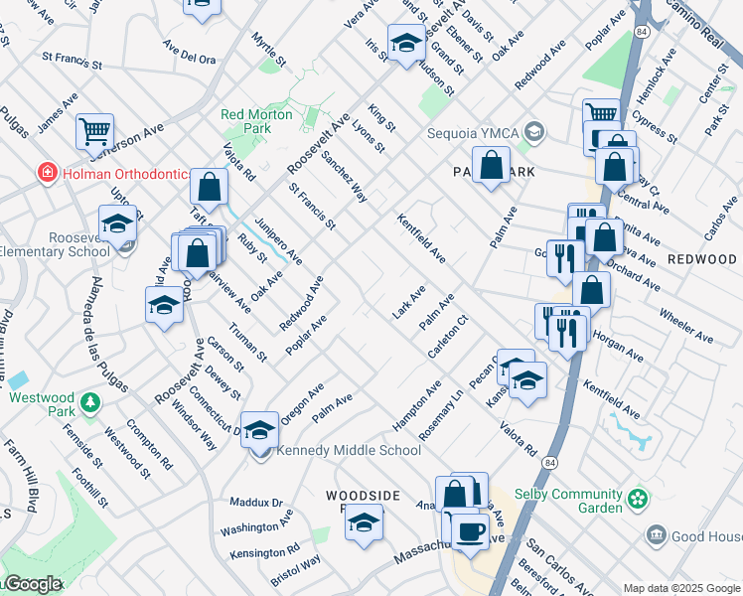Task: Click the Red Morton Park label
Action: pyautogui.click(x=257, y=121)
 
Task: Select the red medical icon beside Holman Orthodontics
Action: pyautogui.click(x=45, y=173)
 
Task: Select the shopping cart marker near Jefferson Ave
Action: pyautogui.click(x=94, y=130)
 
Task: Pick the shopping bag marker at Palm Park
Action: pyautogui.click(x=491, y=166)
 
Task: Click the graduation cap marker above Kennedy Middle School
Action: pyautogui.click(x=260, y=430)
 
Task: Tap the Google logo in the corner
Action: pyautogui.click(x=33, y=584)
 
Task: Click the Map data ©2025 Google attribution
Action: pyautogui.click(x=680, y=588)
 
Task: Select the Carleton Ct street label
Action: pyautogui.click(x=447, y=340)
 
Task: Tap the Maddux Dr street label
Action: pyautogui.click(x=256, y=503)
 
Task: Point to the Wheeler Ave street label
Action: pyautogui.click(x=686, y=324)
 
